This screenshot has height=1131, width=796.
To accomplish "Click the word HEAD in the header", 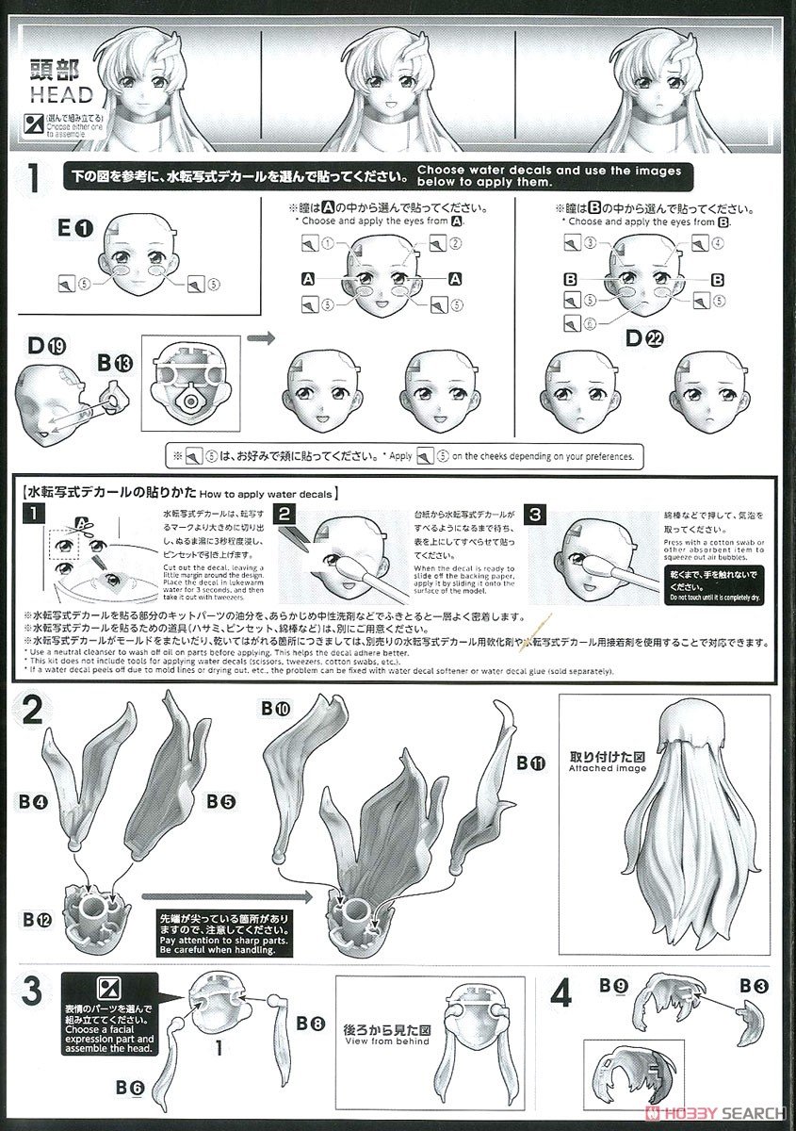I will [x=61, y=94].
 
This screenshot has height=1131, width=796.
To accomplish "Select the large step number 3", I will [x=31, y=992].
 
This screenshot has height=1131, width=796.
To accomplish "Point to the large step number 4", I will [x=561, y=992].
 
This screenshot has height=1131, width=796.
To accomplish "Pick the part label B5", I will [x=219, y=801].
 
